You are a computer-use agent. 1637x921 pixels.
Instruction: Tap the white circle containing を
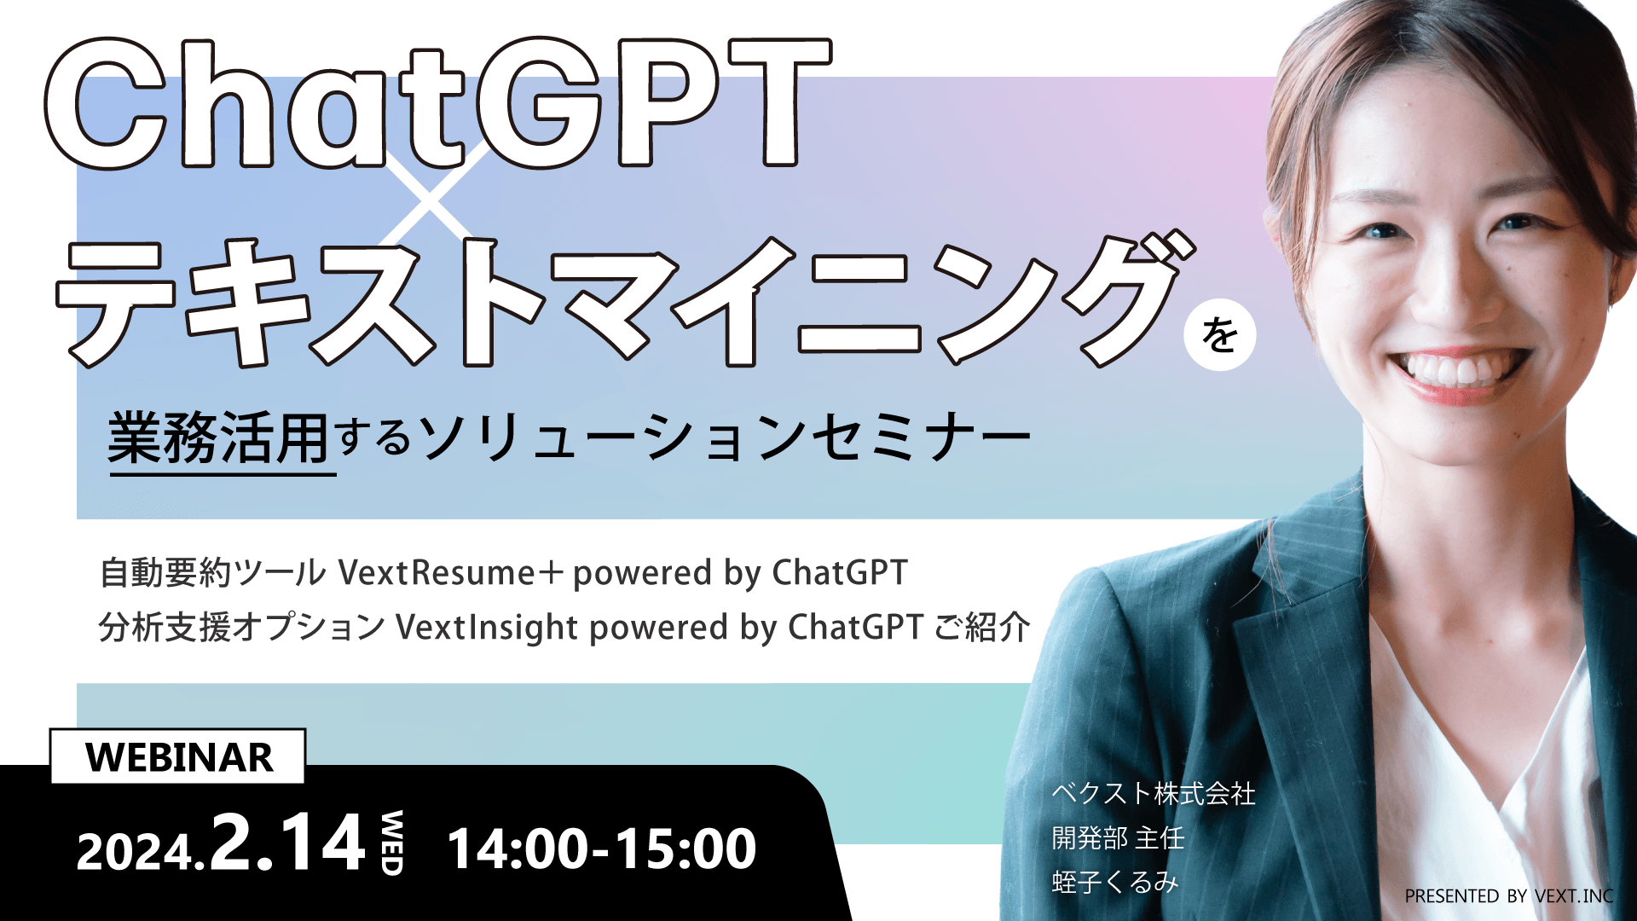coord(1220,334)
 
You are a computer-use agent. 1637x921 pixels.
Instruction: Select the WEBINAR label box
coord(178,757)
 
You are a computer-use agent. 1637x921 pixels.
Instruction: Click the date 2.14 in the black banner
coord(288,843)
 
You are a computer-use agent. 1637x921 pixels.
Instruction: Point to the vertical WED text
coord(391,843)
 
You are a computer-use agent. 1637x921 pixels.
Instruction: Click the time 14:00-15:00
coord(601,849)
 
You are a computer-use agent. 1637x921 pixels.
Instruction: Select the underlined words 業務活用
coord(219,439)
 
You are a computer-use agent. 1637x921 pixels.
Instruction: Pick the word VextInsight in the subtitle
coord(487,628)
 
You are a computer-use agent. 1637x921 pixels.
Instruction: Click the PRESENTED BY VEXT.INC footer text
coord(1508,896)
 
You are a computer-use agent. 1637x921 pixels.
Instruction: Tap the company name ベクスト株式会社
coord(1153,794)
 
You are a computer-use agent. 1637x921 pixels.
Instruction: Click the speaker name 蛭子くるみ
coord(1114,882)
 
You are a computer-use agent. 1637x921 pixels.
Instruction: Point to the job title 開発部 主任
coord(1118,838)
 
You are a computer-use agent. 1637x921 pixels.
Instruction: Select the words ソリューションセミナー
coord(725,439)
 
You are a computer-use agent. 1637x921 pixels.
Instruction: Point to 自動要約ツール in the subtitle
coord(212,573)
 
